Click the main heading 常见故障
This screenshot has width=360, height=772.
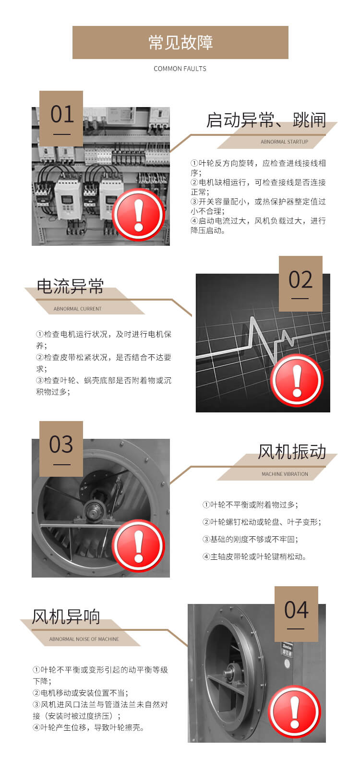click(x=180, y=42)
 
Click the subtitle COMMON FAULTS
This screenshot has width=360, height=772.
click(x=180, y=69)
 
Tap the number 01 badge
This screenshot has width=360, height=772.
click(x=61, y=118)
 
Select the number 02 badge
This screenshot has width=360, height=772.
click(x=300, y=283)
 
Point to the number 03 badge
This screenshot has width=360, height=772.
click(x=61, y=448)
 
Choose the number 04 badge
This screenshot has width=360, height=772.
click(x=296, y=614)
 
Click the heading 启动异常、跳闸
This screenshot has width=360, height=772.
click(x=266, y=120)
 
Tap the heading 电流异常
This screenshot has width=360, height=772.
click(x=70, y=286)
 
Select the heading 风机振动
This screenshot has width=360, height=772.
click(x=292, y=451)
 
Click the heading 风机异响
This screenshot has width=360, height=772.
click(x=66, y=616)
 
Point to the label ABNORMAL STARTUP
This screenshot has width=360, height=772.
click(x=284, y=142)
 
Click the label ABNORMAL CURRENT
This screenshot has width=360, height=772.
click(x=77, y=309)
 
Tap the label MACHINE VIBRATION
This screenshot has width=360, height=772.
click(x=285, y=474)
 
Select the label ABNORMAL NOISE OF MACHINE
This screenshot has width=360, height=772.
click(x=84, y=639)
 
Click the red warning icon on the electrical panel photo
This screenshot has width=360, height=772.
click(x=139, y=215)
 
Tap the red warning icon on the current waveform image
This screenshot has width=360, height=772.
click(x=297, y=381)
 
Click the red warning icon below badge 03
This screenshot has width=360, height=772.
click(x=139, y=546)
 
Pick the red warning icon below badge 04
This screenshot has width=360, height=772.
click(x=295, y=712)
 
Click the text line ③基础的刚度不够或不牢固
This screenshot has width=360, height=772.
click(x=251, y=539)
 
